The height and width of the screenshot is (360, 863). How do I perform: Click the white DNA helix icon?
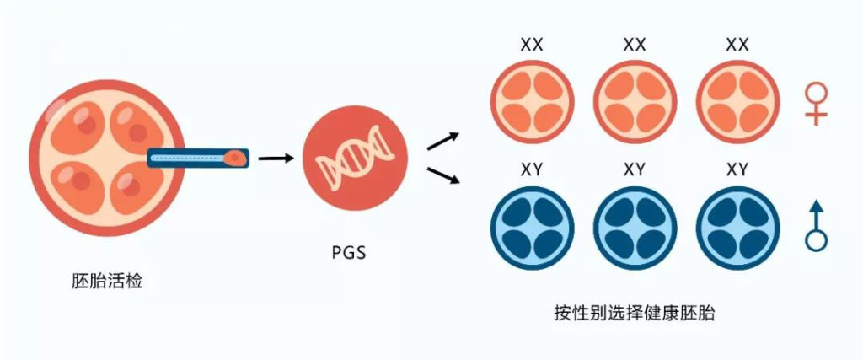[348, 159]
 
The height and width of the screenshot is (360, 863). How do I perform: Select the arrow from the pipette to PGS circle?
[276, 157]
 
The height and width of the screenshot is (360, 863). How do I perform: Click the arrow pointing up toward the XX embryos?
[442, 141]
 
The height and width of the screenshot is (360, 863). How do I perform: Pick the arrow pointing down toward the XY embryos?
[442, 175]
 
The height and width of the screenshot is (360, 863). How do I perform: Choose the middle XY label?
[635, 170]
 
